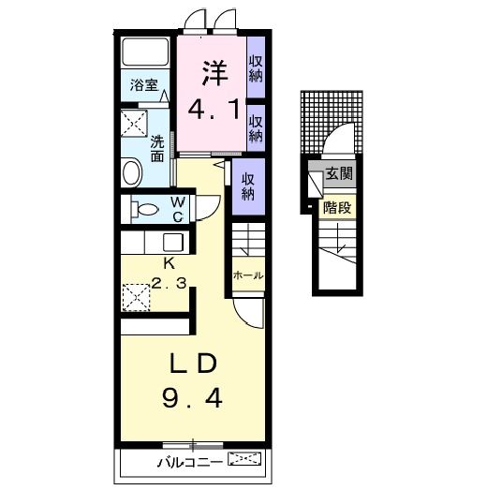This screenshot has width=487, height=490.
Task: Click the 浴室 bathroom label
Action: (x=144, y=85)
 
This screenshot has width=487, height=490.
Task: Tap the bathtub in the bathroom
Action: (x=145, y=52)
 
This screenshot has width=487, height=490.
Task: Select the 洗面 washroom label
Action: (x=157, y=149)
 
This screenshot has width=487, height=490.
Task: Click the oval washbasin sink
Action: (x=132, y=172)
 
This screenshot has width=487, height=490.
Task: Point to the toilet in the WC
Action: (x=144, y=209)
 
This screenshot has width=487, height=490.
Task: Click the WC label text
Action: (x=178, y=209)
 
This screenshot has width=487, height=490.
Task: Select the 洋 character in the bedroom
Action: (x=215, y=73)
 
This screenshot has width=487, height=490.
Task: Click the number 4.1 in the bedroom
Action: (x=214, y=109)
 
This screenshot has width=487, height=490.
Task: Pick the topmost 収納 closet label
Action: (x=256, y=68)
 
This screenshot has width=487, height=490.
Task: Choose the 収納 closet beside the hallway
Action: (x=248, y=186)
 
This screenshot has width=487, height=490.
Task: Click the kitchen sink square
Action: (x=173, y=242)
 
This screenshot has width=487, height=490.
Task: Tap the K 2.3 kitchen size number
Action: (x=170, y=283)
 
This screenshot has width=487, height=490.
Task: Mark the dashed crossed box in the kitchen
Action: (x=136, y=297)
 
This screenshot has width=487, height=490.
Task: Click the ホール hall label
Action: (x=248, y=275)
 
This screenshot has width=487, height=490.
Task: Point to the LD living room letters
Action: (x=193, y=364)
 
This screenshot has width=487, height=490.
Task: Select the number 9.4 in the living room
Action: (x=192, y=398)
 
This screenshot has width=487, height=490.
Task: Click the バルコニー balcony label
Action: (x=190, y=462)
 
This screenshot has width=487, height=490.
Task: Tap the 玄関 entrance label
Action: (x=339, y=172)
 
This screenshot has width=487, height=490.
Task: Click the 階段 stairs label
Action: (x=337, y=207)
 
